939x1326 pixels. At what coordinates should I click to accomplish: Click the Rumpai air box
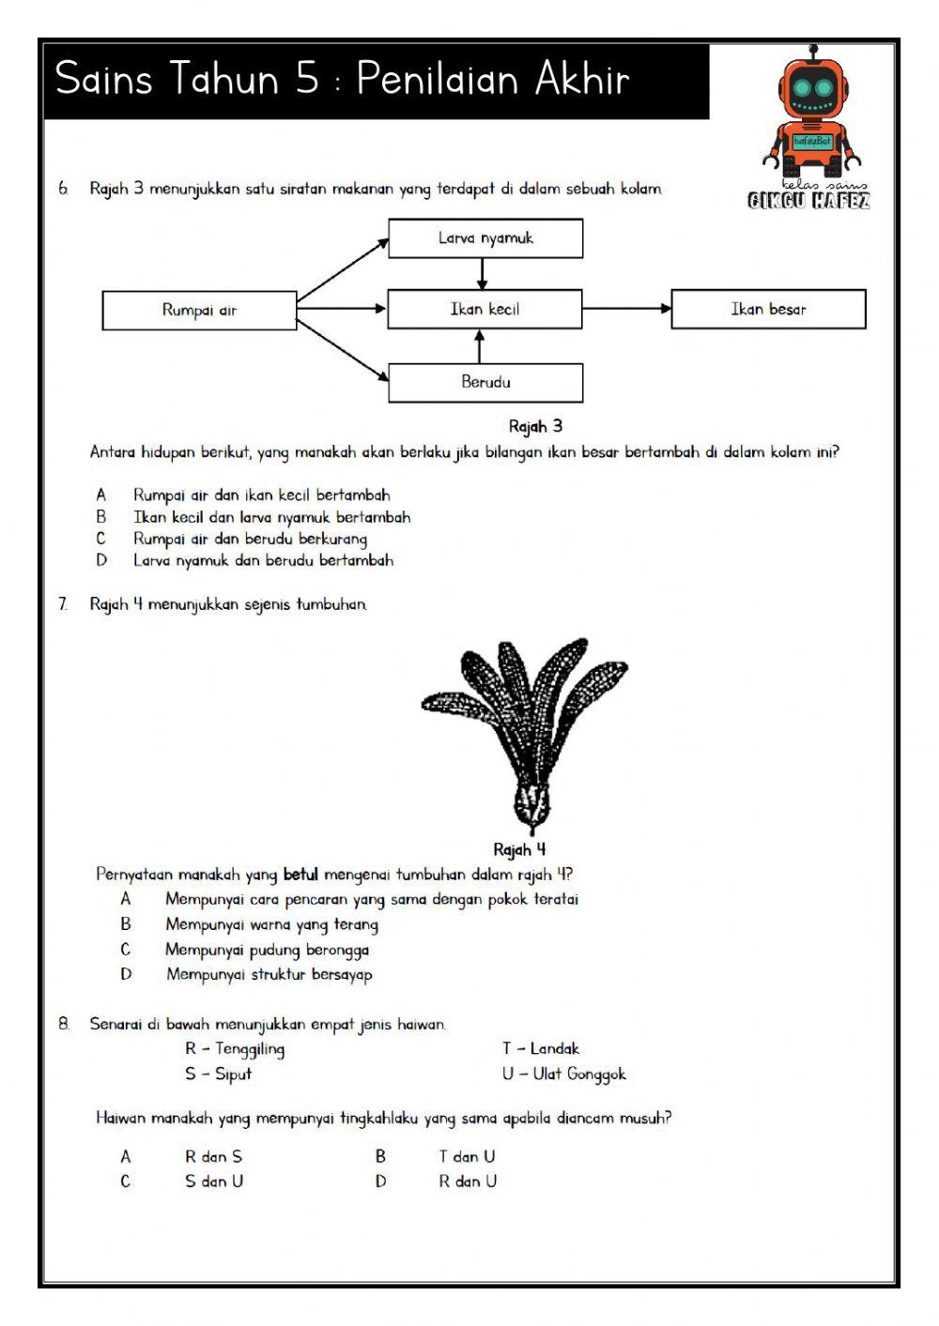[x=199, y=310]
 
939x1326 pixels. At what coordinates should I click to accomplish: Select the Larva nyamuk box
[x=485, y=238]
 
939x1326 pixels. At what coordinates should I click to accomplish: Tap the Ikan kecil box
[x=485, y=309]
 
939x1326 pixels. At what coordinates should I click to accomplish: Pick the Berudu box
[x=485, y=382]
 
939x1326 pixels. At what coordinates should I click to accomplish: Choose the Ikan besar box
[x=768, y=309]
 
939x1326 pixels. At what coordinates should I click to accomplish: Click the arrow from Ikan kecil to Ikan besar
[x=626, y=309]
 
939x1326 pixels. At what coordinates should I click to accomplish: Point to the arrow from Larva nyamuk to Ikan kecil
[x=482, y=273]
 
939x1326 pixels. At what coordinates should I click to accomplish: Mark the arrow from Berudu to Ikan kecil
[x=480, y=346]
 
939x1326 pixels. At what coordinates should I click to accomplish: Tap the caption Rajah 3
[x=535, y=426]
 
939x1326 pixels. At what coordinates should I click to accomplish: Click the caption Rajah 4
[x=519, y=850]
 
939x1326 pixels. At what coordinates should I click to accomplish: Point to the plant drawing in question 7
[x=526, y=732]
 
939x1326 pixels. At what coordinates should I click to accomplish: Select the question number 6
[x=63, y=189]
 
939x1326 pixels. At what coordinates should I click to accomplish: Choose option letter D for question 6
[x=101, y=560]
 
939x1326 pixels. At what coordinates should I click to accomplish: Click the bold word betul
[x=300, y=875]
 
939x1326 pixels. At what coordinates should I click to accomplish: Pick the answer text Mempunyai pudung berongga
[x=268, y=950]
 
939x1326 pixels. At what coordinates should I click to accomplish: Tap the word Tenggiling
[x=250, y=1048]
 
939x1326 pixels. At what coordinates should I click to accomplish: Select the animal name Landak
[x=555, y=1048]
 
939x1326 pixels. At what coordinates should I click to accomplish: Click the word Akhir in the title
[x=582, y=79]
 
